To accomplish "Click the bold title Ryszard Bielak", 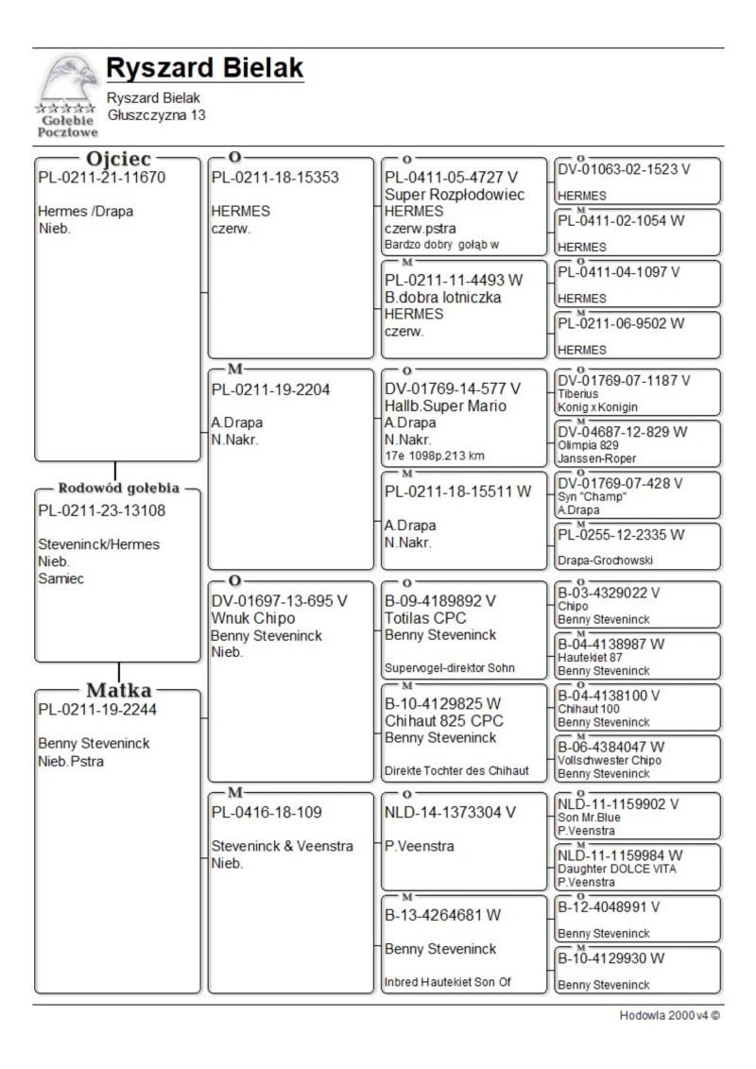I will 204,68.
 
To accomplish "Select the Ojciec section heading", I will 118,159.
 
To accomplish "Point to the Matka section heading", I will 119,689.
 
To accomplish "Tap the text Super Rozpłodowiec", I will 455,194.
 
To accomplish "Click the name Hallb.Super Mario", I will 446,405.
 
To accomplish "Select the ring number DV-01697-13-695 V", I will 280,601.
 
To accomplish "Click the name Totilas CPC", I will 425,618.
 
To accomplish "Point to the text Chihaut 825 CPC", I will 443,720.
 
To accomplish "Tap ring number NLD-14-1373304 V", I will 451,812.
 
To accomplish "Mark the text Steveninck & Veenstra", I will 282,846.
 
